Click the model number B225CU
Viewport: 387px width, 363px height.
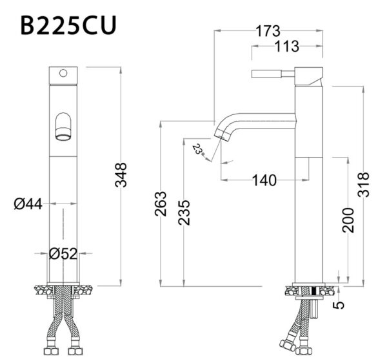[x=67, y=27]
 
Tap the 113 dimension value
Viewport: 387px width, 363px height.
[x=286, y=47]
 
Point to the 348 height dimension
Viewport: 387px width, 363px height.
[x=121, y=175]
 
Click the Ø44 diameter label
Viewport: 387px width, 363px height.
[x=28, y=204]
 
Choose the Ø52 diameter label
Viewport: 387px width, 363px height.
[x=63, y=253]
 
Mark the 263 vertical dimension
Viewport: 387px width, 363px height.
[x=161, y=204]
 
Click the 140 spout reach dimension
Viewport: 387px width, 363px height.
[x=264, y=180]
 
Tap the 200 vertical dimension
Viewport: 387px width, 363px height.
[x=348, y=220]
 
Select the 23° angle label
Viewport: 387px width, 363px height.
[x=199, y=150]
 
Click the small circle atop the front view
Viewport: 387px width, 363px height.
[x=63, y=74]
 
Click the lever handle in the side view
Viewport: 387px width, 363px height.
[x=271, y=72]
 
